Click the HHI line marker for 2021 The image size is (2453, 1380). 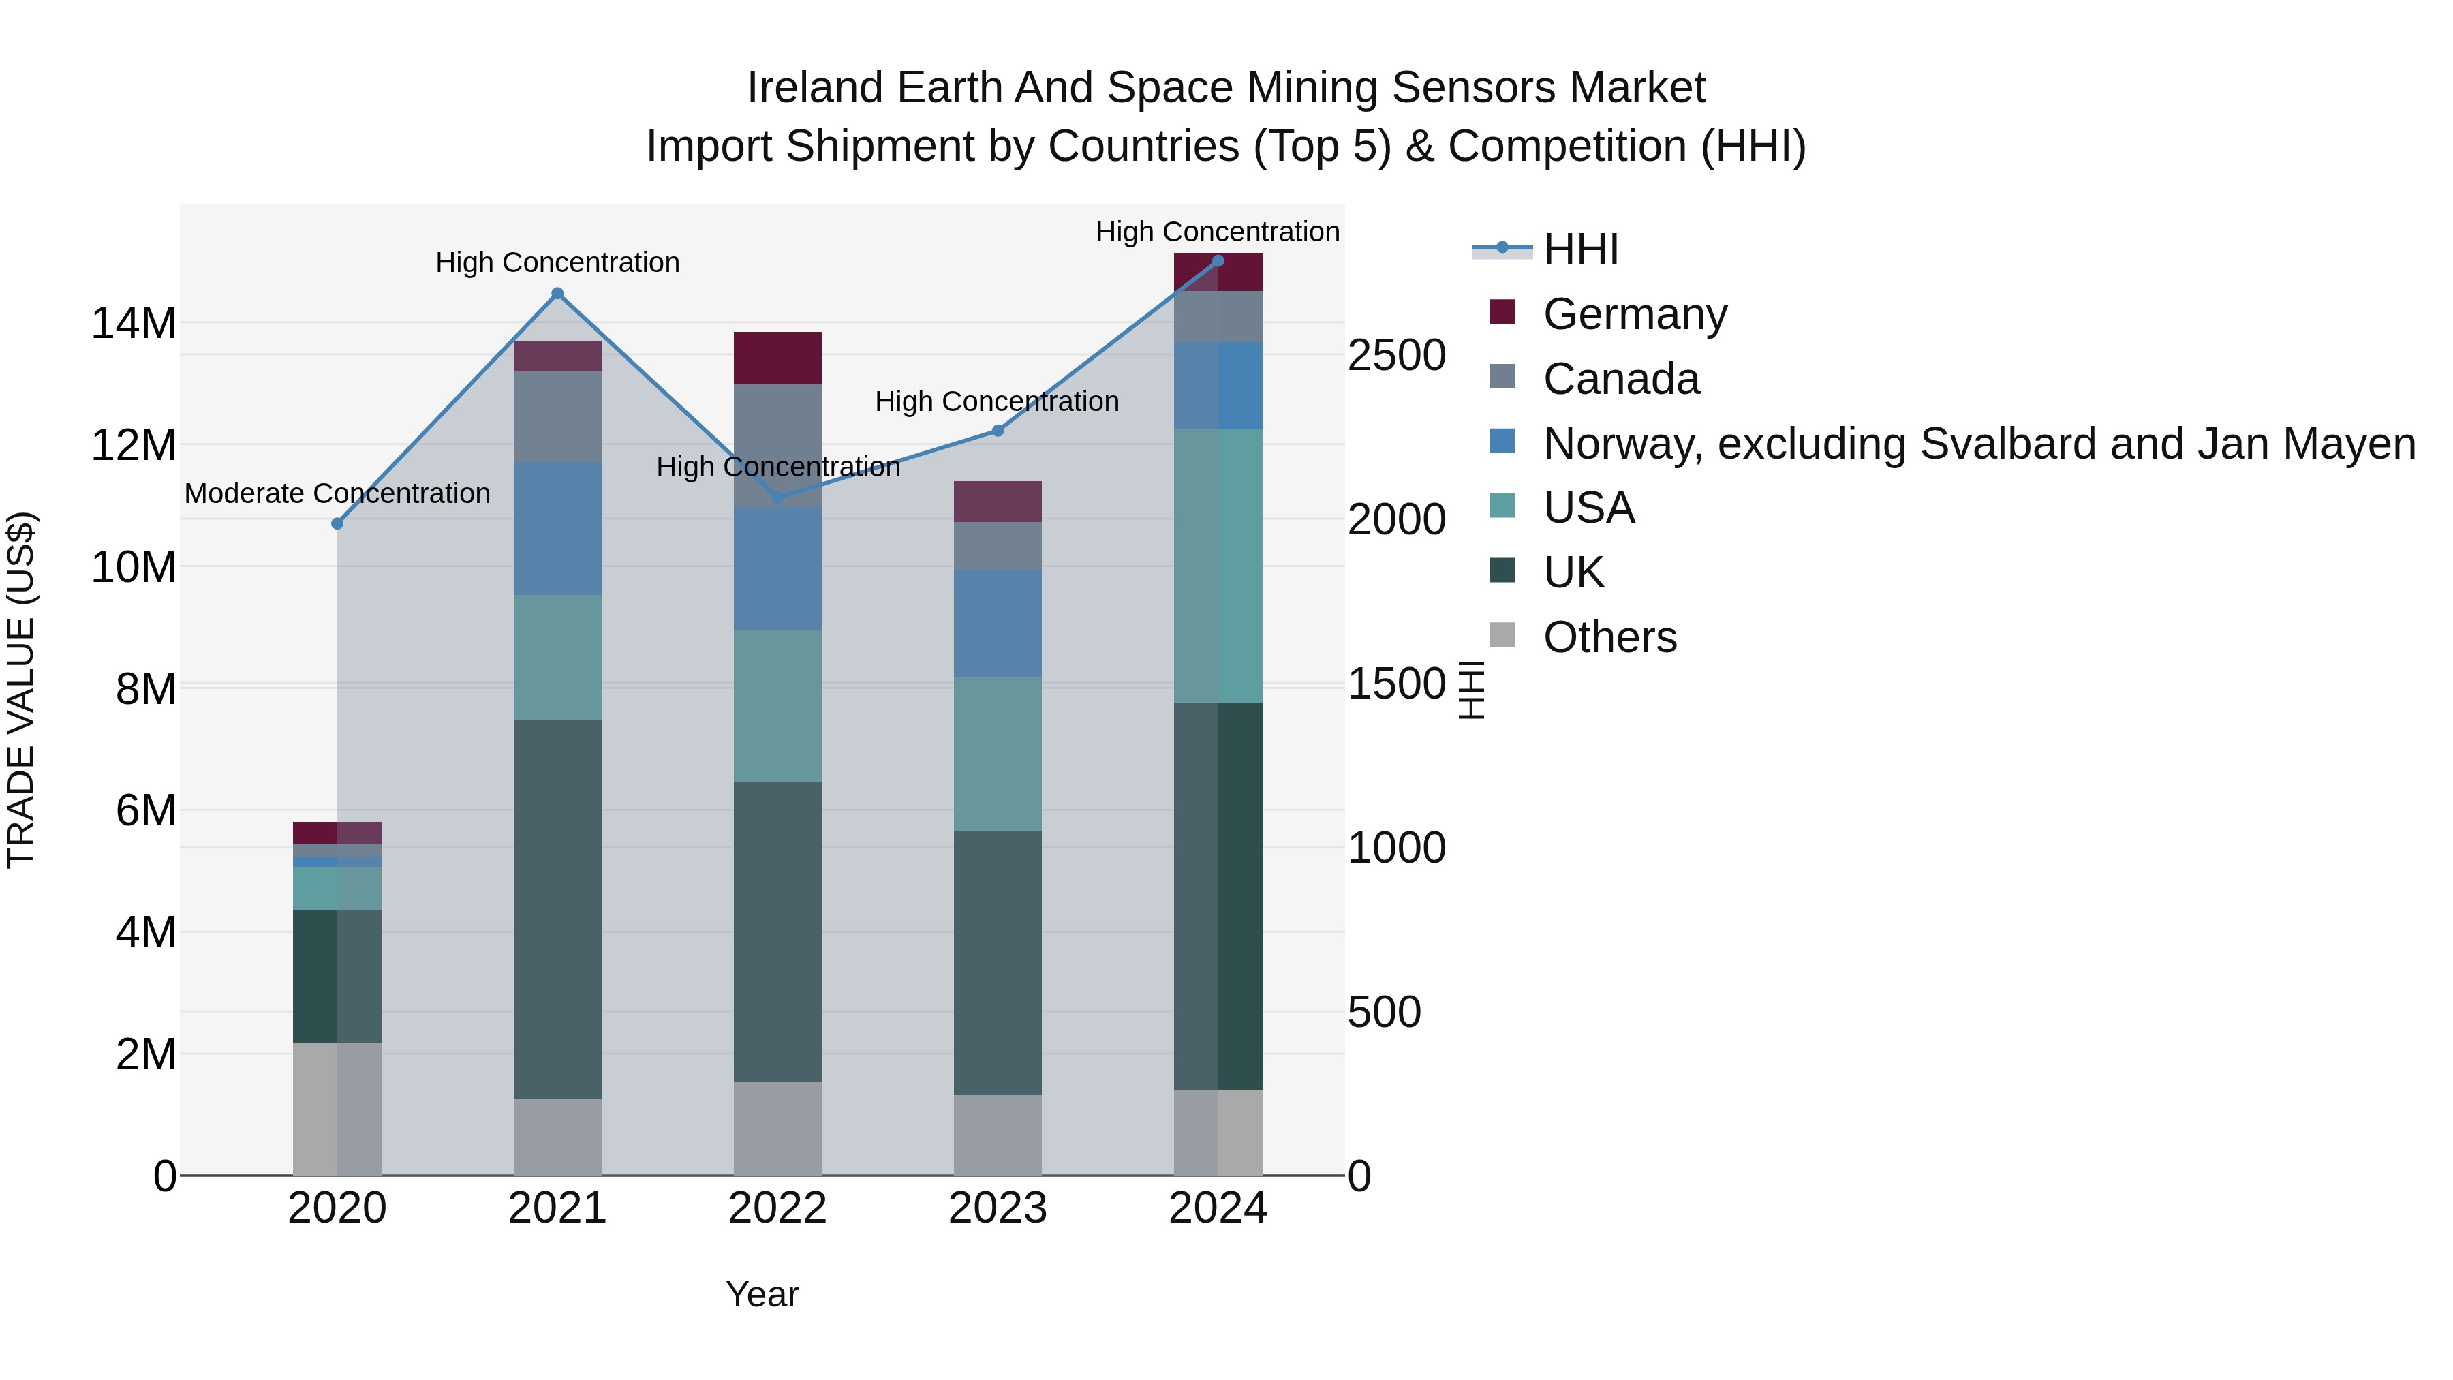(x=558, y=293)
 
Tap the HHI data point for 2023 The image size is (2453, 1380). (x=998, y=431)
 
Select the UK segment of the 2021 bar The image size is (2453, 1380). (x=558, y=910)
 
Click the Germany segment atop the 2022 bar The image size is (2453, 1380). (x=778, y=358)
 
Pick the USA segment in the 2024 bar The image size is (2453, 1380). (x=1218, y=566)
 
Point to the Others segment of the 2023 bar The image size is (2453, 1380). (x=998, y=1135)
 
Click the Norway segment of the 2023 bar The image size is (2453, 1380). (x=998, y=624)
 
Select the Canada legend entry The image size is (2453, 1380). (x=1621, y=379)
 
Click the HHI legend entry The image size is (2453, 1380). (x=1581, y=249)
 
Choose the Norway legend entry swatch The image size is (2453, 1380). (x=1502, y=441)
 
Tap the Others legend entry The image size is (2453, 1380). (x=1609, y=637)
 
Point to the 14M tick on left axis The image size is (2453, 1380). (x=134, y=324)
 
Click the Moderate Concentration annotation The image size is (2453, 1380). (x=337, y=493)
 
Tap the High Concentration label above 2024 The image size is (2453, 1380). (x=1217, y=232)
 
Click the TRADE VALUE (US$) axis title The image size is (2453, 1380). (x=21, y=690)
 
